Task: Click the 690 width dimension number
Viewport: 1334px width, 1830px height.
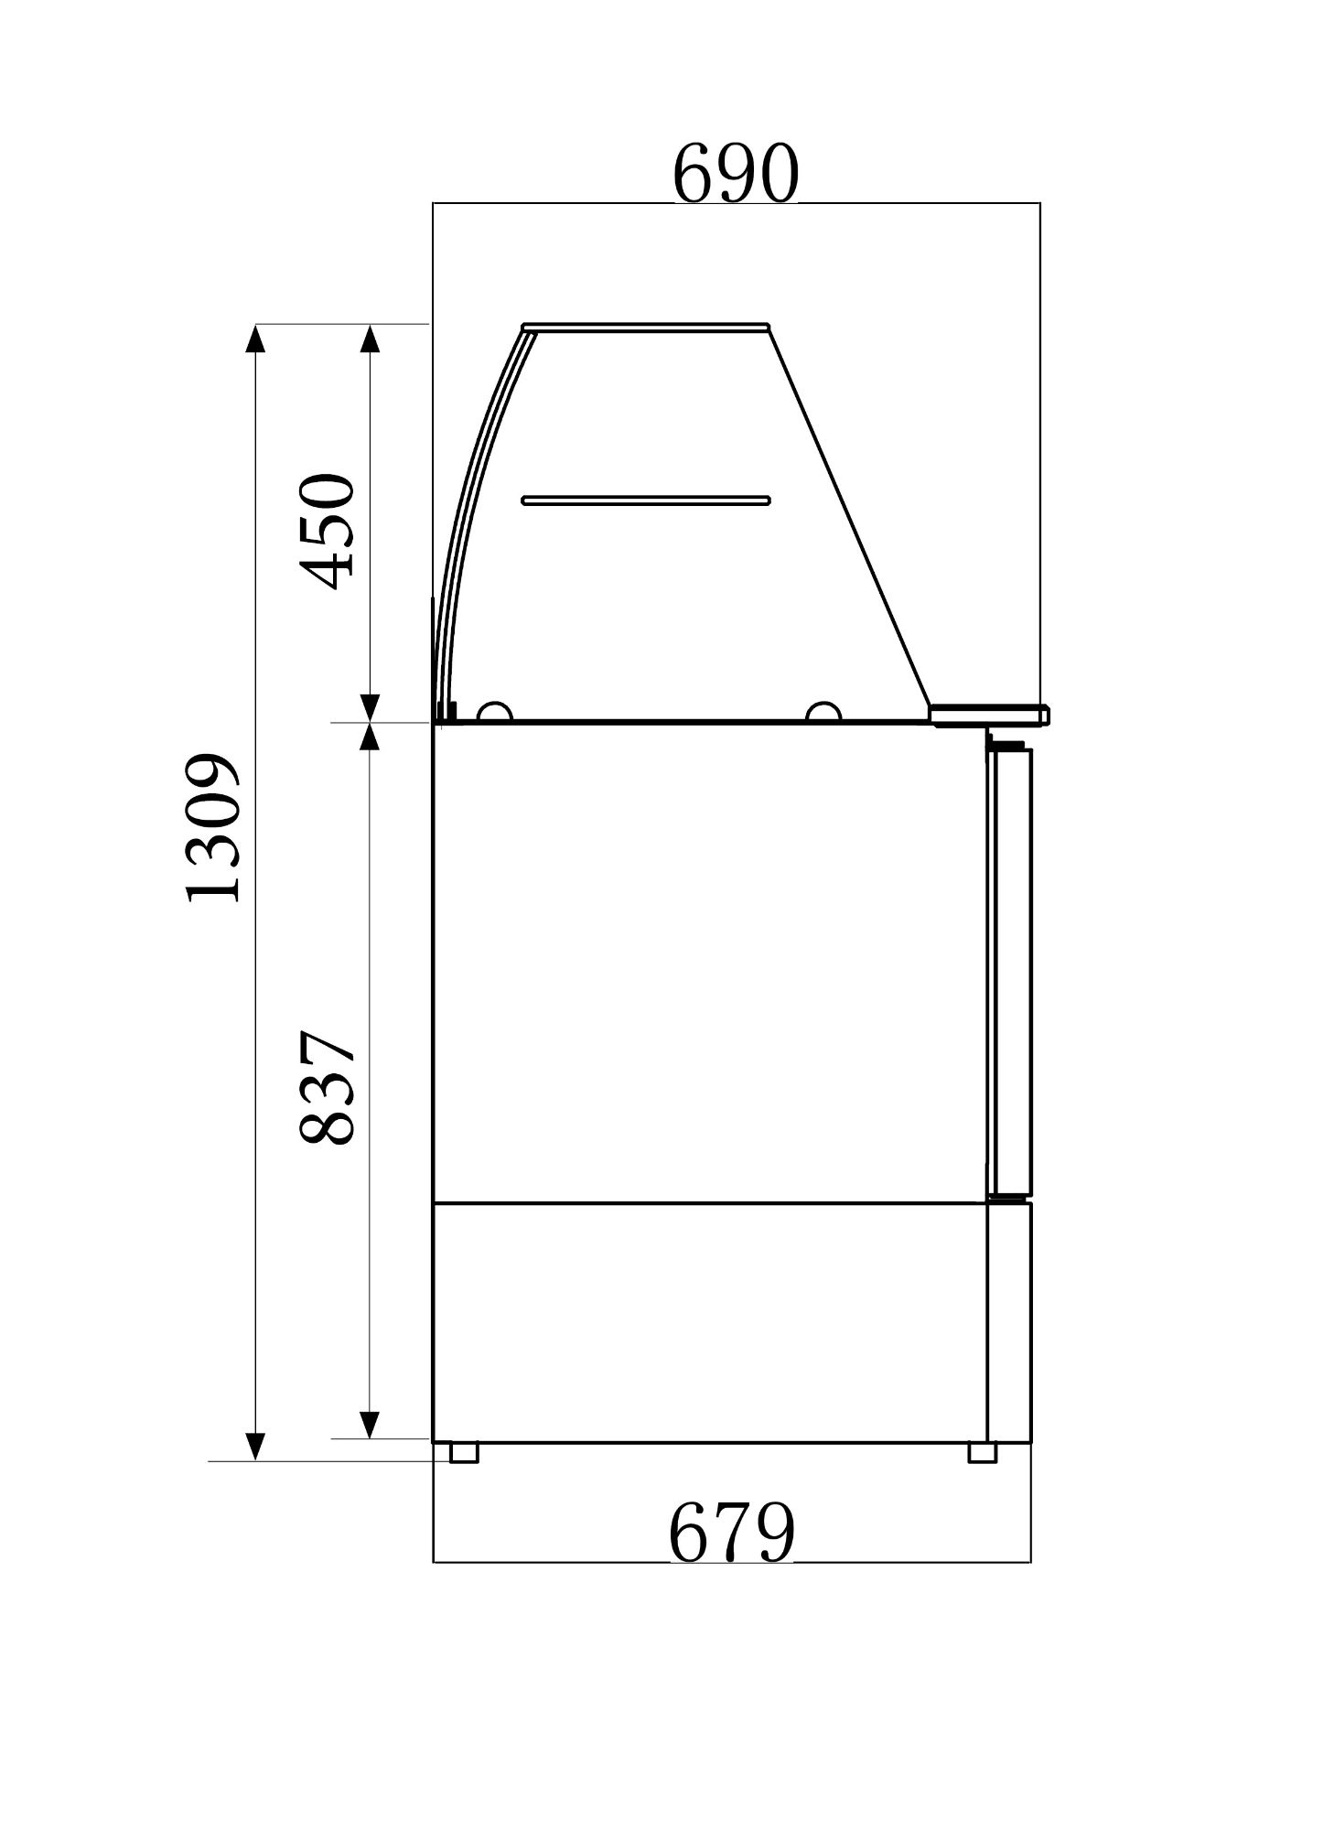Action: tap(735, 175)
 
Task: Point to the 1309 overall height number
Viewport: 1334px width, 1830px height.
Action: tap(212, 828)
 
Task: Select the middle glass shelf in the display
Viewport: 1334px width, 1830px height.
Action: tap(645, 501)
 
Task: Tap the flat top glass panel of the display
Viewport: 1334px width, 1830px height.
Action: tap(645, 327)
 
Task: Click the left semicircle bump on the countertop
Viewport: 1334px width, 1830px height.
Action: tap(494, 713)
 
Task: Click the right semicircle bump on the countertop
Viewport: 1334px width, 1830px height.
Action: tap(823, 713)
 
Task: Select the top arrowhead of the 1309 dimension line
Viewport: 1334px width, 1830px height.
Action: tap(256, 339)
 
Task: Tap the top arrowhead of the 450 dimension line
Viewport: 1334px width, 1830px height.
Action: tap(370, 339)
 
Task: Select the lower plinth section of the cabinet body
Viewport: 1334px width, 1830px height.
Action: tap(709, 1322)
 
